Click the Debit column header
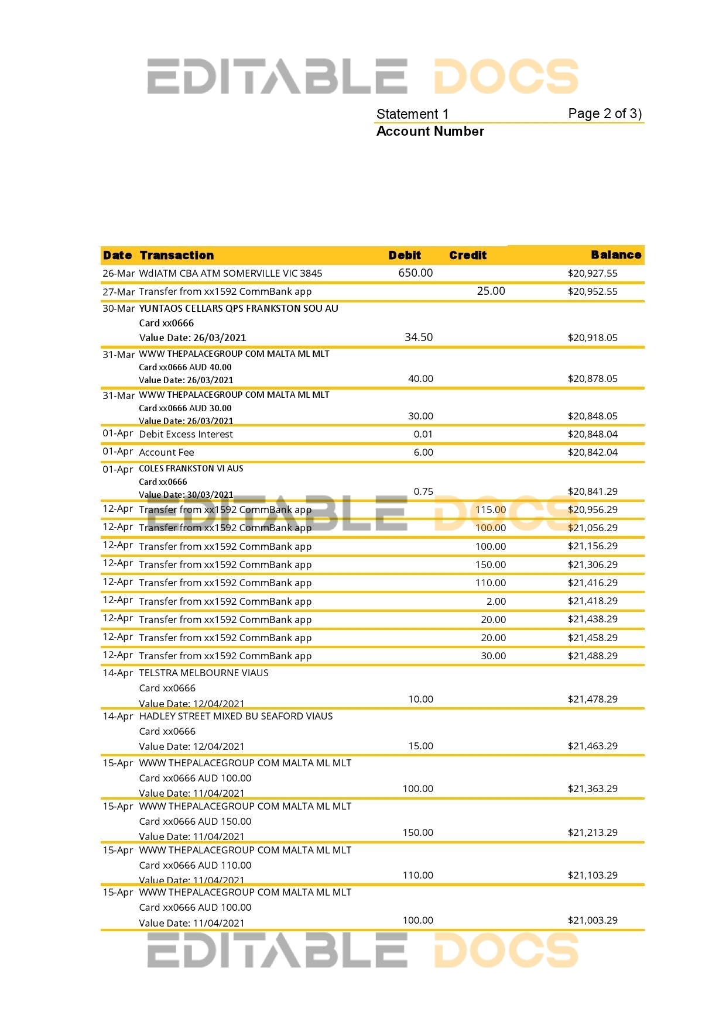pos(405,255)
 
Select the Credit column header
pos(468,255)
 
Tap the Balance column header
pos(616,254)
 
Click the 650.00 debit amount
pos(416,273)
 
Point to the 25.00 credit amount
pos(491,291)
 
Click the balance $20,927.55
pos(593,273)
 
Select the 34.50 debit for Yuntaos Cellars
pos(419,337)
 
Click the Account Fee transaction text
pos(166,452)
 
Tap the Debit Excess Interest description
pos(186,434)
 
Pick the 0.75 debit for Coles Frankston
pos(423,491)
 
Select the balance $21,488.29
pos(593,656)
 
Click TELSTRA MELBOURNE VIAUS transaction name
pos(204,673)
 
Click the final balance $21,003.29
pos(593,920)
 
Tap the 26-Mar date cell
pos(118,273)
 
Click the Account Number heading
pos(430,131)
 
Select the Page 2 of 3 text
pos(605,113)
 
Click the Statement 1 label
pos(412,114)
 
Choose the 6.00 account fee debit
pos(423,452)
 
